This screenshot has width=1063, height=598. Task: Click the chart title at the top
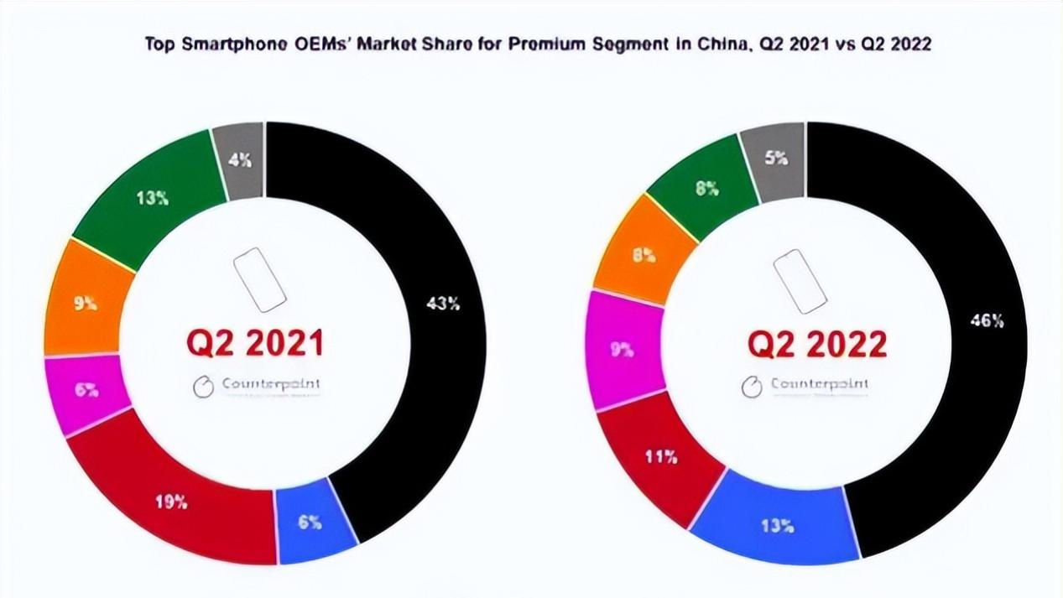click(538, 44)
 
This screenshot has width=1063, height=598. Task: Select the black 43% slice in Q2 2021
click(443, 304)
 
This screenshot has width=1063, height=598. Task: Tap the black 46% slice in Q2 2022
click(985, 320)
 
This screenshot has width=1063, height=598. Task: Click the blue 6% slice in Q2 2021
click(310, 522)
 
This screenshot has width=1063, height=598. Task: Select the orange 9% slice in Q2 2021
click(84, 303)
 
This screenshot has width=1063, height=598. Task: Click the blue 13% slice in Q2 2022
click(777, 525)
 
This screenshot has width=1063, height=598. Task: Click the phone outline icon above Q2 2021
click(259, 280)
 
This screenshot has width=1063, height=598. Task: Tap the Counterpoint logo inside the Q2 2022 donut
click(806, 386)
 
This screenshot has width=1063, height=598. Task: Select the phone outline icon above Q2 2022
click(800, 280)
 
